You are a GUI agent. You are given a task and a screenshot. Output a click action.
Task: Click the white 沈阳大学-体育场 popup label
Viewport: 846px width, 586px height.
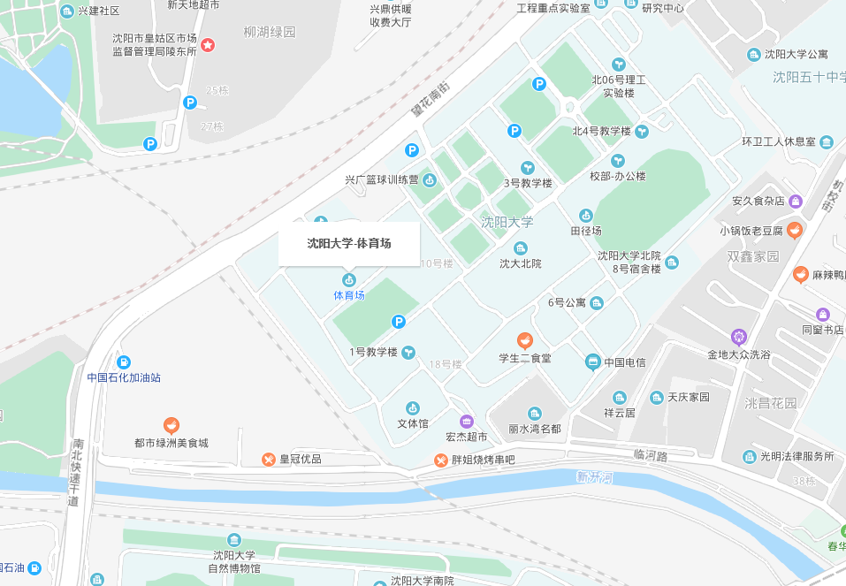tap(349, 243)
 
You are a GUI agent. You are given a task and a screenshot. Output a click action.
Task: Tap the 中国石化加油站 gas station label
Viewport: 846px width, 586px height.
tap(124, 377)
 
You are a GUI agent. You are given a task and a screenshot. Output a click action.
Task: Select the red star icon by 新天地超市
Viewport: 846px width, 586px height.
tap(208, 44)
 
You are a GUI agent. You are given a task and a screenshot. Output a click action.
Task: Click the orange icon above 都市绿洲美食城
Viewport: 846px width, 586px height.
tap(171, 425)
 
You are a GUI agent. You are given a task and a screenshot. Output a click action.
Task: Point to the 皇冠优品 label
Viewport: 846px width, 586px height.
tap(301, 460)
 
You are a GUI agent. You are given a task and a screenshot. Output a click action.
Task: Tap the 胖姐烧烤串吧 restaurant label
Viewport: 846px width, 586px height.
tap(483, 460)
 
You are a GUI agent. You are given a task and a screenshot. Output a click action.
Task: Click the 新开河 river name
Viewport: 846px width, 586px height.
tap(594, 478)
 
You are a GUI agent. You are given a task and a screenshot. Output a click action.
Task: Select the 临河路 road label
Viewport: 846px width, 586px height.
tap(651, 454)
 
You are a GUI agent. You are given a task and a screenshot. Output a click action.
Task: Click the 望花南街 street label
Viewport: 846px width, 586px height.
tap(431, 100)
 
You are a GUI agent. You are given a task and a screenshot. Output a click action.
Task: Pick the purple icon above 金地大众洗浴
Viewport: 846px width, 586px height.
tap(739, 337)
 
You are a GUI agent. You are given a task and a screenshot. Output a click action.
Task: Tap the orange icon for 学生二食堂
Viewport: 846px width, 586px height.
tap(525, 340)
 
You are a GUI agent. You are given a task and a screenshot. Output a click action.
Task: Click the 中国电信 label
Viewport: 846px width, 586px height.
tap(624, 362)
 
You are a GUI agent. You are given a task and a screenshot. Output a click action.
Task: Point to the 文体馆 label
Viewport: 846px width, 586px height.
tap(413, 423)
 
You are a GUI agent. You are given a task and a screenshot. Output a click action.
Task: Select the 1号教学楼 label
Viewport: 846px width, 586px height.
tap(373, 353)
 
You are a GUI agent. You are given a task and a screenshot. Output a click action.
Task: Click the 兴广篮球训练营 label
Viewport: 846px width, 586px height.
tap(382, 180)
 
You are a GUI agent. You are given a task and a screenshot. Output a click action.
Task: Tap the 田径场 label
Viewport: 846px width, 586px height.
tap(584, 231)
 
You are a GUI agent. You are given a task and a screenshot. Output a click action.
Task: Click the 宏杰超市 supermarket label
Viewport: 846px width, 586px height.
tap(466, 437)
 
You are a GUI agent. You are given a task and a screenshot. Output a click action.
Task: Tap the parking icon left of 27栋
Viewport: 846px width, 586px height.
tap(189, 103)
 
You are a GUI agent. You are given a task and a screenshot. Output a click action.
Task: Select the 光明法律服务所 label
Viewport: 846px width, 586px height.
tap(798, 457)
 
